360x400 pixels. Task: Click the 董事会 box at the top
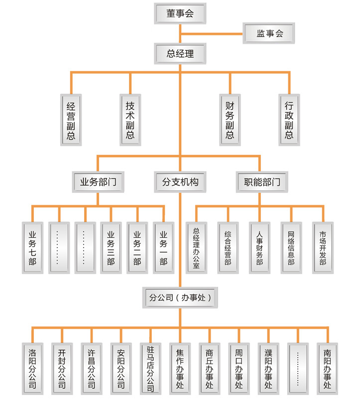pos(180,14)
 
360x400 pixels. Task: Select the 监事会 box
pos(269,34)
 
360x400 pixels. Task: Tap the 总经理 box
pos(180,54)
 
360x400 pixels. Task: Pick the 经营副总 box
pos(71,120)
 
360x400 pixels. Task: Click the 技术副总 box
pos(130,120)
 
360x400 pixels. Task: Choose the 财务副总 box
pos(230,120)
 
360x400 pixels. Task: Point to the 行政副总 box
pos(289,120)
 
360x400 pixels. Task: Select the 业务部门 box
pos(98,182)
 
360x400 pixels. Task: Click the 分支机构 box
pos(180,182)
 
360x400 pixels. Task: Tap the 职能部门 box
pos(259,182)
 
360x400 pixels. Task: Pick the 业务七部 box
pos(32,248)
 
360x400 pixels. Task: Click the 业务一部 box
pos(164,248)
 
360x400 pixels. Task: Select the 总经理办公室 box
pos(196,248)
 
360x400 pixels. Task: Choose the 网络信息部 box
pos(291,248)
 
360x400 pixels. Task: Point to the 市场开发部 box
pos(323,248)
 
